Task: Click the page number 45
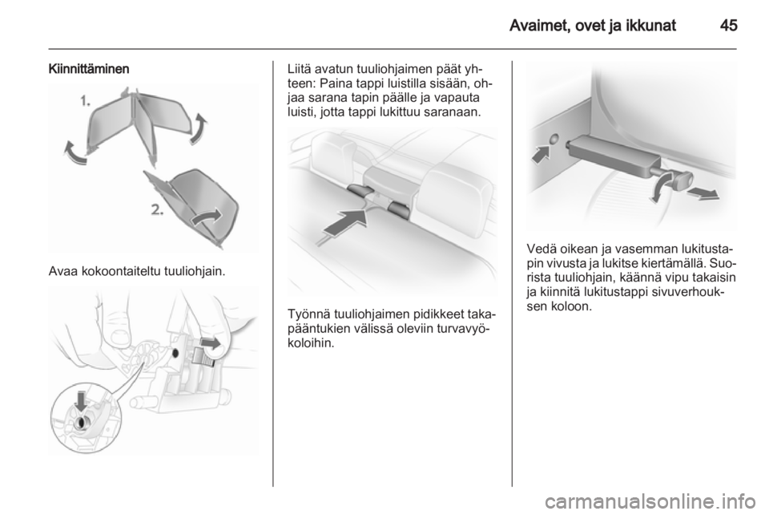point(728,25)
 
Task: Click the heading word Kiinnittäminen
point(89,69)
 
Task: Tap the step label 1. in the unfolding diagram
point(86,101)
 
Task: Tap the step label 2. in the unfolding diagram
point(157,210)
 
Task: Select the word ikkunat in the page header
point(650,25)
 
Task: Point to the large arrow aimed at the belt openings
point(344,222)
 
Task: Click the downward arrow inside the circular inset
point(80,401)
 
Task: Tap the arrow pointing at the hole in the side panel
point(542,155)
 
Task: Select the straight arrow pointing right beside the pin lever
point(703,193)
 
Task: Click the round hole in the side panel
point(554,140)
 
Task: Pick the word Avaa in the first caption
point(62,271)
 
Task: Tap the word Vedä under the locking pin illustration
point(539,248)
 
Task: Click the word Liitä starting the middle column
point(299,69)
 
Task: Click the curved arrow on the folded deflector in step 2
point(207,217)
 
